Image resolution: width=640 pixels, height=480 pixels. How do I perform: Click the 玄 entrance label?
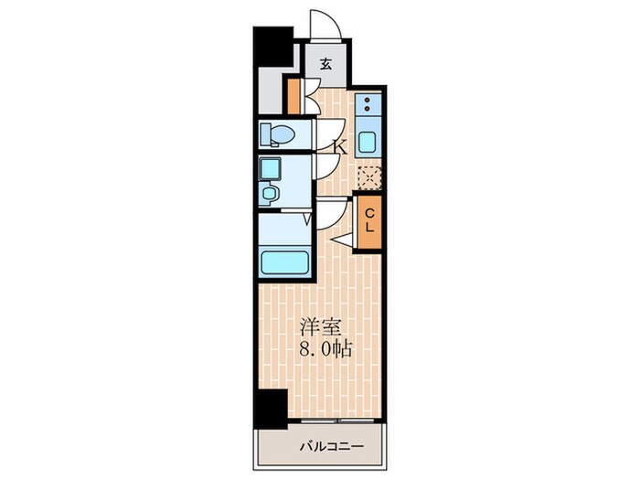coord(325,64)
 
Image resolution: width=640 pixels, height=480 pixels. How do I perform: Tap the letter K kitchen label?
coord(340,147)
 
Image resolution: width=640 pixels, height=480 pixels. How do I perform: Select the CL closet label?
coord(369,220)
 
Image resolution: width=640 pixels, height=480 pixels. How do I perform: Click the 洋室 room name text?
coord(320,326)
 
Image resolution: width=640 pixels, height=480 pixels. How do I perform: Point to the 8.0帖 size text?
coord(325,348)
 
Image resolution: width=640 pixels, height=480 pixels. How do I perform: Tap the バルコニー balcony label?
coord(331,446)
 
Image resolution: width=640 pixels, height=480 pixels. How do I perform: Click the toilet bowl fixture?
coord(278,134)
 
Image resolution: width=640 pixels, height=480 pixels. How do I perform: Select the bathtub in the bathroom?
coord(285,262)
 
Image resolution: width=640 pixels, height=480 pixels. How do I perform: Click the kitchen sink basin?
coord(368,142)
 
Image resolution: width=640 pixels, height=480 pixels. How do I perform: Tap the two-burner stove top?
coord(368,103)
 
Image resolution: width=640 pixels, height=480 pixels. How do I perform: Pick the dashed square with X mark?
coord(369,177)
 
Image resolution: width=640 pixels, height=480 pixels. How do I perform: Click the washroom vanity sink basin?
coord(268,192)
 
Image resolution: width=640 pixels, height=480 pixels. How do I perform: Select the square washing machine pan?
coord(270,169)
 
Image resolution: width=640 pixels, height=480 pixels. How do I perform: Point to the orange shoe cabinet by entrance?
coord(293,96)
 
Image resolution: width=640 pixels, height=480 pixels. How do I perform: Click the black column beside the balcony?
coord(271,409)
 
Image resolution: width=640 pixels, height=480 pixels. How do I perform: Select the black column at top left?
coord(273,47)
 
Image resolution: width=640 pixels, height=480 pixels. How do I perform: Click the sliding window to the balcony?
coord(338,421)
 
